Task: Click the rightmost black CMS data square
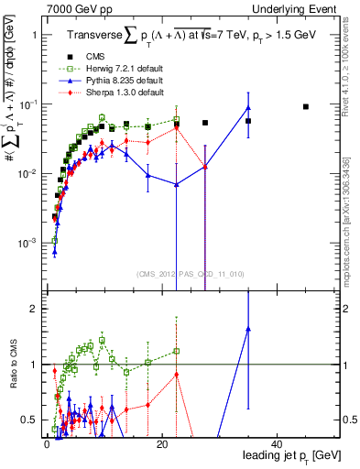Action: pos(306,106)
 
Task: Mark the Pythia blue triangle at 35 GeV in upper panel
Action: pos(248,108)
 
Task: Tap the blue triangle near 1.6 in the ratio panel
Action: pos(248,329)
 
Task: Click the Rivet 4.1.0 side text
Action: pos(354,64)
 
